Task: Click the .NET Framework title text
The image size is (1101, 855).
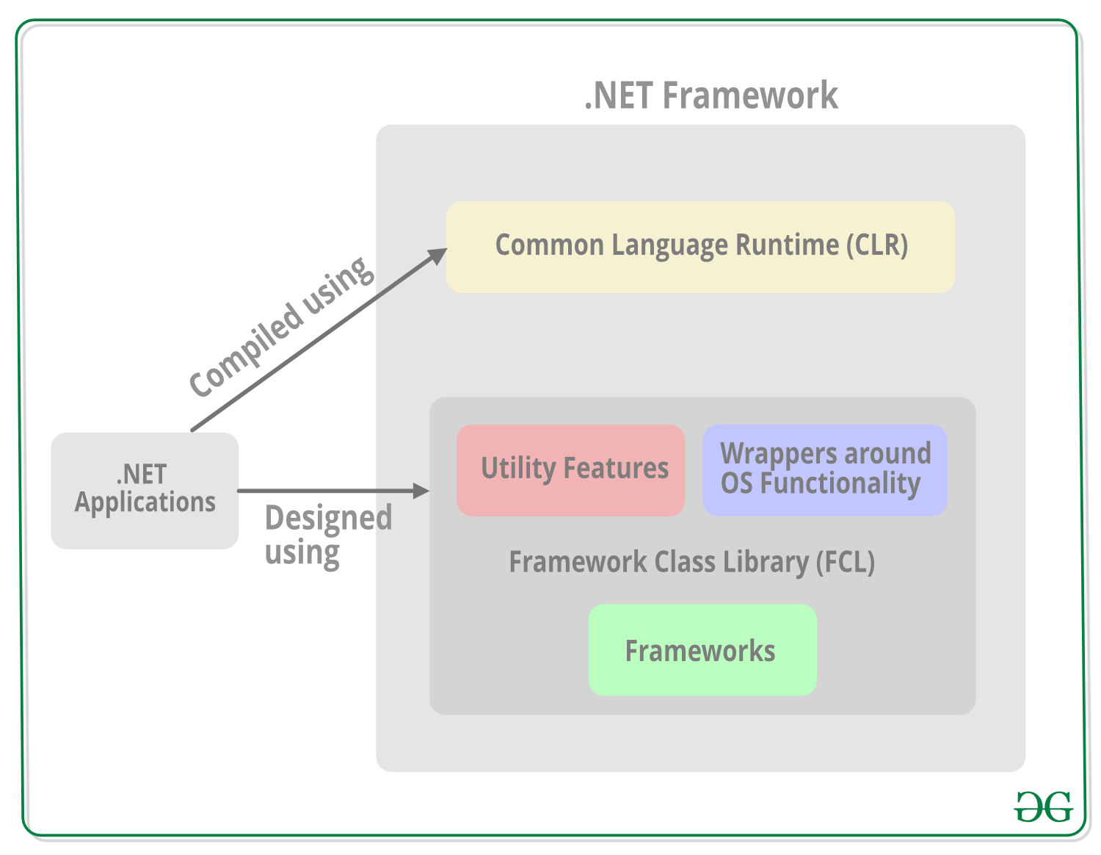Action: point(711,95)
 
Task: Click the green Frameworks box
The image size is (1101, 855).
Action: point(702,651)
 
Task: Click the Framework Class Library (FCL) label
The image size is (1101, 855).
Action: point(691,562)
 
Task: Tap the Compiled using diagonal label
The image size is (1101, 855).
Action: point(281,327)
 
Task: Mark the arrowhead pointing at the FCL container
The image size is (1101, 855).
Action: point(421,491)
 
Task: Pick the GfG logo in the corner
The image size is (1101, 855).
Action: point(1043,807)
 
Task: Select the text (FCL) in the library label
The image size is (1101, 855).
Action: point(845,562)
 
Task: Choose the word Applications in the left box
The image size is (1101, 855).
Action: point(145,502)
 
